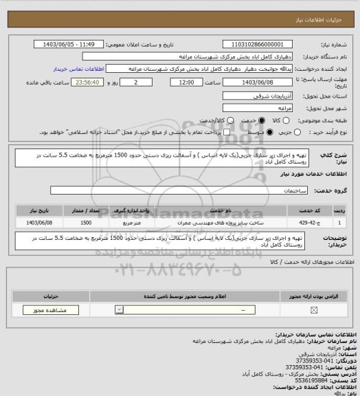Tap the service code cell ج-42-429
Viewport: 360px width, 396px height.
[x=306, y=223]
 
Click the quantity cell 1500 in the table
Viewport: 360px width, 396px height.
[x=87, y=223]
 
